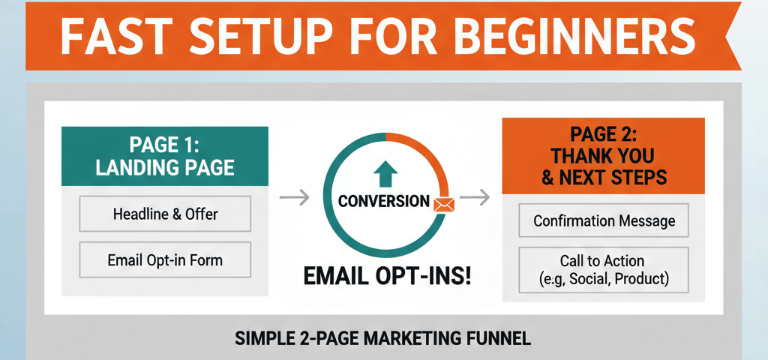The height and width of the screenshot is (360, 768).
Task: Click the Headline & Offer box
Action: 166,214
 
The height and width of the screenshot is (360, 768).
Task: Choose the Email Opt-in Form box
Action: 166,261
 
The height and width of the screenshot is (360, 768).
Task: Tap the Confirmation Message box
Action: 604,221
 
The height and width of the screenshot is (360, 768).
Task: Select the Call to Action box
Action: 604,270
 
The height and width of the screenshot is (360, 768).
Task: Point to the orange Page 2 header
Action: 603,156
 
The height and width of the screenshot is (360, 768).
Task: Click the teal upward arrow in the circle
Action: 385,175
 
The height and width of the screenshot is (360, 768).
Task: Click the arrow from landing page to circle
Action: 293,198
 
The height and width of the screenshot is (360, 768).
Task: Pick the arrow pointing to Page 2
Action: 474,198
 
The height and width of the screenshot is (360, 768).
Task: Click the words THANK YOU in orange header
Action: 603,157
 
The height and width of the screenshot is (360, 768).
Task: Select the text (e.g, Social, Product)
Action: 604,280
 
